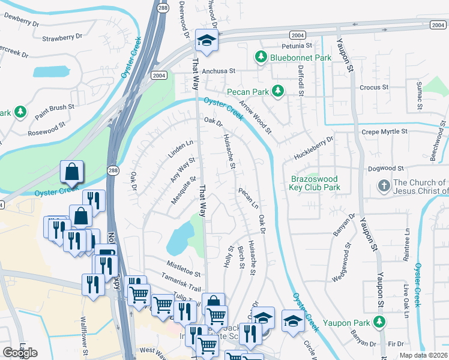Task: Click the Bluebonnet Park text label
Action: pyautogui.click(x=301, y=58)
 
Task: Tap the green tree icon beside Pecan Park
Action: pyautogui.click(x=277, y=91)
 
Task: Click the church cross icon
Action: pyautogui.click(x=384, y=187)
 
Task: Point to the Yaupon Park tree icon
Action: pyautogui.click(x=379, y=323)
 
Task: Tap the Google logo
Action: pyautogui.click(x=20, y=352)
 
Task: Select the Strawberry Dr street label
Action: pyautogui.click(x=62, y=38)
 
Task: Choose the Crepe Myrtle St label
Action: pyautogui.click(x=384, y=131)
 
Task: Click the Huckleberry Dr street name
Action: pyautogui.click(x=313, y=148)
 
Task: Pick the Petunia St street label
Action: pyautogui.click(x=297, y=46)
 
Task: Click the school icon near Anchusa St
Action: pyautogui.click(x=206, y=41)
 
